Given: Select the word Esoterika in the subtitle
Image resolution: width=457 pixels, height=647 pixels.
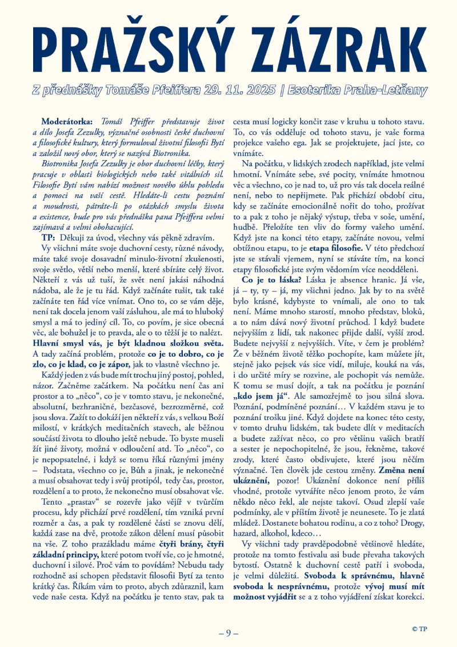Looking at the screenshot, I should (x=315, y=90).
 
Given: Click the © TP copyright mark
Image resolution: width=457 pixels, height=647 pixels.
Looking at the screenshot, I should (x=419, y=629).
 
